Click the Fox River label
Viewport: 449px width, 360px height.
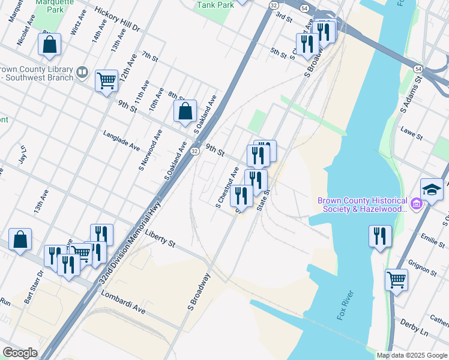(347, 305)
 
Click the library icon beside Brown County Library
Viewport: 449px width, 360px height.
(82, 73)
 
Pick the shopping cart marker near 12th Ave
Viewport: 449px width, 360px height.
(106, 80)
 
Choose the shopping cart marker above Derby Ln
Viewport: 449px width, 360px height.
(396, 279)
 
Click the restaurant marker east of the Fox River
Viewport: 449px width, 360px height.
(380, 236)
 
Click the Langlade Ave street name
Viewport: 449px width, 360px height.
(121, 141)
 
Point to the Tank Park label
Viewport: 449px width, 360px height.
(215, 4)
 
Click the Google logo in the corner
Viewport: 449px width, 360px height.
(19, 353)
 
